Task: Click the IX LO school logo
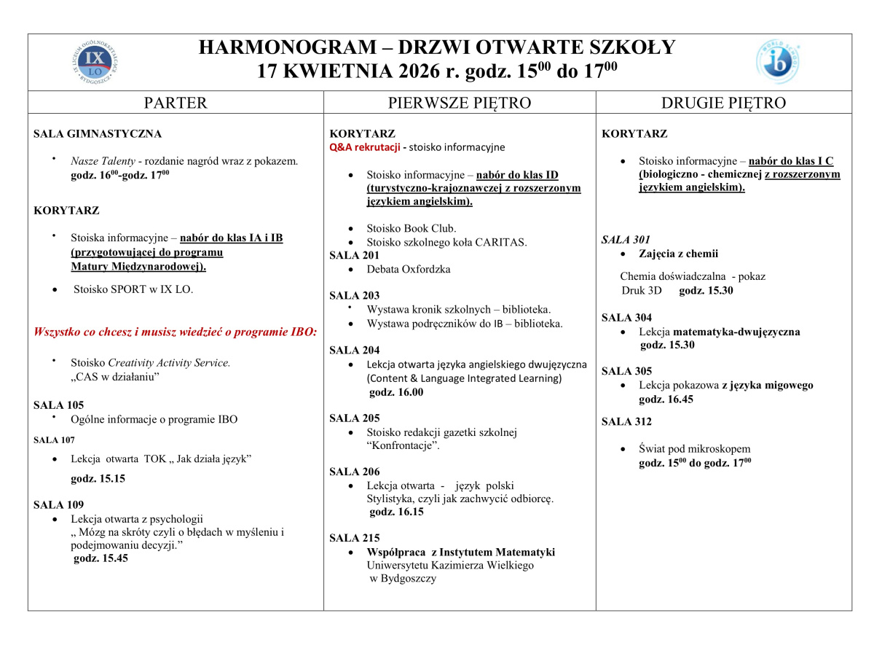coord(95,62)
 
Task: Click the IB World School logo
coord(778,62)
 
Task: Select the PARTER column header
coord(176,103)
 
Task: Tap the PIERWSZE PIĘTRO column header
coord(459,103)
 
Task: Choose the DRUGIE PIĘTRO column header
coord(723,103)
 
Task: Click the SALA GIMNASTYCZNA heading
coord(98,134)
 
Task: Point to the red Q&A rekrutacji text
coord(365,147)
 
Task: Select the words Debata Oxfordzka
coord(409,269)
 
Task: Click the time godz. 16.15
coord(397,512)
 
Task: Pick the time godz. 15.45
coord(101,558)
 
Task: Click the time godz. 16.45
coord(666,399)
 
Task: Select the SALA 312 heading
coord(626,421)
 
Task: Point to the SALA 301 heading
coord(626,240)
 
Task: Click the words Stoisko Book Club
coord(411,228)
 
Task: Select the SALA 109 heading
coord(58,504)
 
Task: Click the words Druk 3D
coord(642,290)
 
